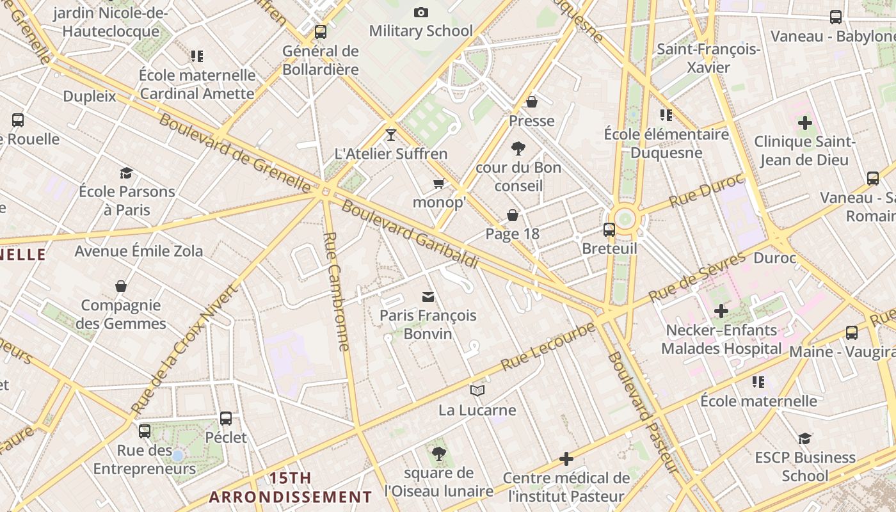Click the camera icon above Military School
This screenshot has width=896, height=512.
point(420,12)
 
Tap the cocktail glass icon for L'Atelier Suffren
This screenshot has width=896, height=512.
point(391,134)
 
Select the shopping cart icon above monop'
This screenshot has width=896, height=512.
point(438,184)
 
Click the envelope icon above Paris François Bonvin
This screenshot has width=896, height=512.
point(428,296)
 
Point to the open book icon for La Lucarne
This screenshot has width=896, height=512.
point(477,390)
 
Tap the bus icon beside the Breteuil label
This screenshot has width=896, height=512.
point(609,229)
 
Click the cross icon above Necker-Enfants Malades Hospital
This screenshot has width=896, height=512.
point(721,311)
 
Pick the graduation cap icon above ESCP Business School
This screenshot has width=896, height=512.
point(804,438)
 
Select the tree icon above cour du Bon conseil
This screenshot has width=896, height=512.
point(518,148)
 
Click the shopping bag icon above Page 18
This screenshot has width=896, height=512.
point(513,215)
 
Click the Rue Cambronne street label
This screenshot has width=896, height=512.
point(337,291)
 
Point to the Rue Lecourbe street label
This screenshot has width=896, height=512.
point(548,348)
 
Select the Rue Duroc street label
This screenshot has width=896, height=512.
point(707,190)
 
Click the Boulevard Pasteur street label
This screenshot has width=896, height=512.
point(642,412)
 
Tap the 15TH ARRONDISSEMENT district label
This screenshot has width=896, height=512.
point(291,488)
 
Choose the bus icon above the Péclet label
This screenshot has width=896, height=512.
point(226,419)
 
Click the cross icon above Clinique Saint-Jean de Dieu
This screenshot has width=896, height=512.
point(804,122)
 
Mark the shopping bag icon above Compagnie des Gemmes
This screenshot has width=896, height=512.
point(121,286)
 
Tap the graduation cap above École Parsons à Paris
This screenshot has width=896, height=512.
point(126,173)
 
